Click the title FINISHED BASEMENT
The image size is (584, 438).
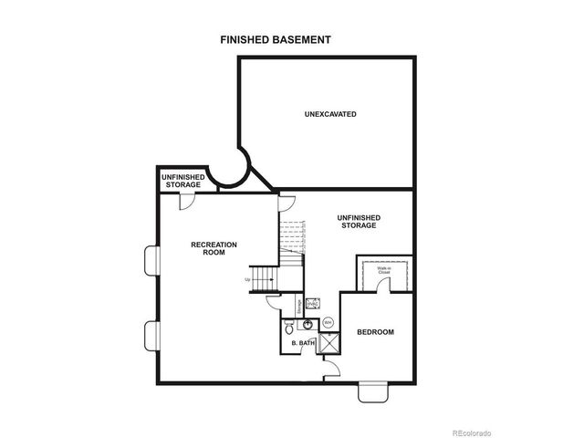pos(275,40)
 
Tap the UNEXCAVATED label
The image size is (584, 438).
pos(329,114)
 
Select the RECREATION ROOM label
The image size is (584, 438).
pos(214,248)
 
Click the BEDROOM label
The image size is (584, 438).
pos(375,332)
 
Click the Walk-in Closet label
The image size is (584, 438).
pos(387,270)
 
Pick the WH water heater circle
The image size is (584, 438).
pos(328,323)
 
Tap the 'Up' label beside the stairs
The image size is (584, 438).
pos(247,280)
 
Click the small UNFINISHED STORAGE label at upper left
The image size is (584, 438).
pos(182,181)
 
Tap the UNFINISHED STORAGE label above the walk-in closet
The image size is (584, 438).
pos(359,221)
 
